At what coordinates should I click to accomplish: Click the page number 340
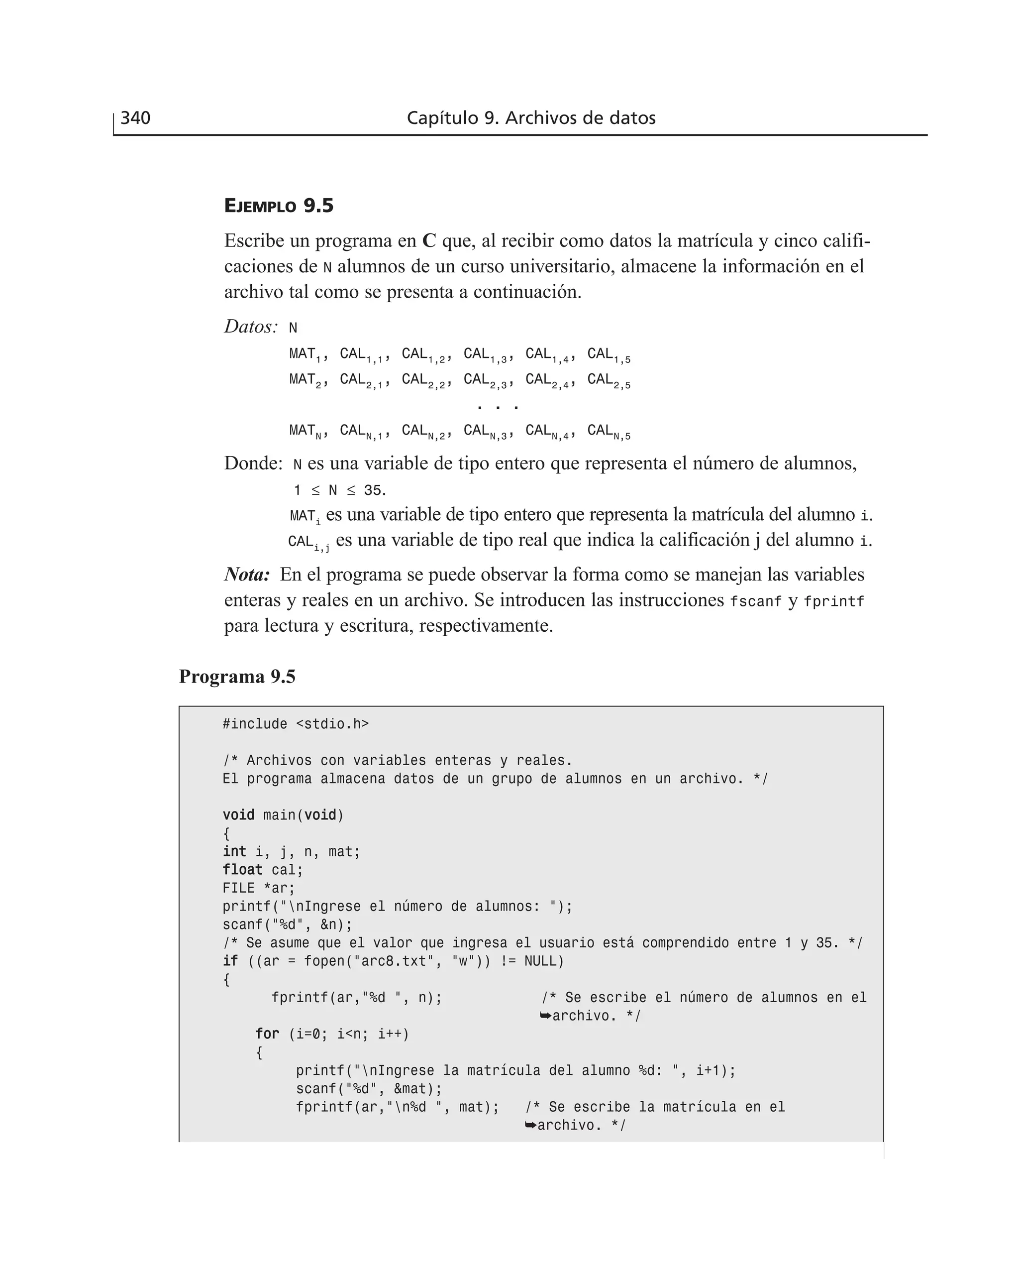coord(136,118)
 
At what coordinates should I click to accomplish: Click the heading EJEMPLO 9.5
coord(279,206)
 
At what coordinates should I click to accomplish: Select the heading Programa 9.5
coord(237,677)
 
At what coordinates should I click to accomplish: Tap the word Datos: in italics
coord(251,327)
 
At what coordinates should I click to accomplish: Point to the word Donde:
coord(254,463)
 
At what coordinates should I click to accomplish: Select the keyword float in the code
coord(242,870)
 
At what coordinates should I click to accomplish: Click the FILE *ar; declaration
coord(259,888)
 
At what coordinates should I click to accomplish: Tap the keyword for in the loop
coord(267,1034)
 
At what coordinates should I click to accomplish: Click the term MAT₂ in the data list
coord(305,380)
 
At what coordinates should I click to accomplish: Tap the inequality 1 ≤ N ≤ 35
coord(339,490)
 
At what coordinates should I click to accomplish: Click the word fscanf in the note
coord(755,601)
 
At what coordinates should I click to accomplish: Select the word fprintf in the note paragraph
coord(833,601)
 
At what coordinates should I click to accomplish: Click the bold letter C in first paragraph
coord(429,241)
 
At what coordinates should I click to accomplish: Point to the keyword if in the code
coord(230,961)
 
